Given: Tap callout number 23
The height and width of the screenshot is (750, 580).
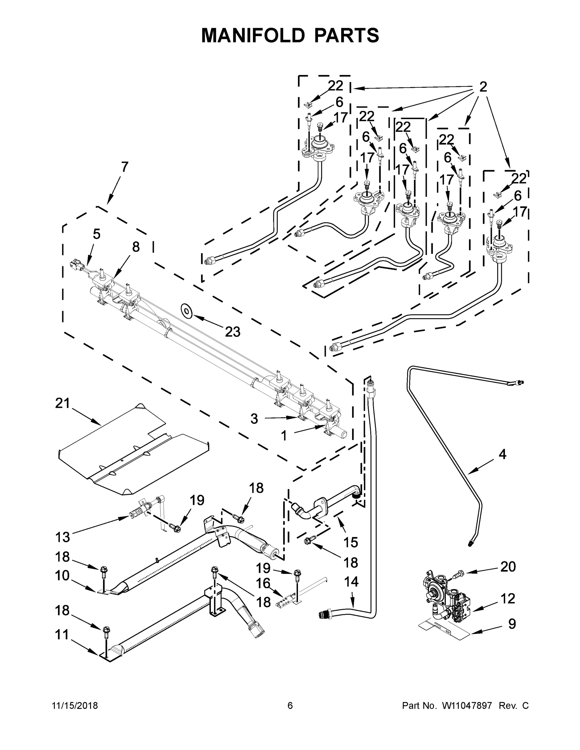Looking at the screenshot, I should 233,332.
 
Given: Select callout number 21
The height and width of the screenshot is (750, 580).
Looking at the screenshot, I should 63,403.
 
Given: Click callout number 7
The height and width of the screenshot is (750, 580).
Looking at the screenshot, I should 125,167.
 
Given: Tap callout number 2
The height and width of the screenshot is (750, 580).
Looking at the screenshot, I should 483,87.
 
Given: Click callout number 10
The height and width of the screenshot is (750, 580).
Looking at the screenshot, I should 62,575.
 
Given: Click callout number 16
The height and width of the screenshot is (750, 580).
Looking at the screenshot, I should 263,583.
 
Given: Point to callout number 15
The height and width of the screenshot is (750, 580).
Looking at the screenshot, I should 351,542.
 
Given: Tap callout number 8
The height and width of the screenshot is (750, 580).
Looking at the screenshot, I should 136,247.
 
